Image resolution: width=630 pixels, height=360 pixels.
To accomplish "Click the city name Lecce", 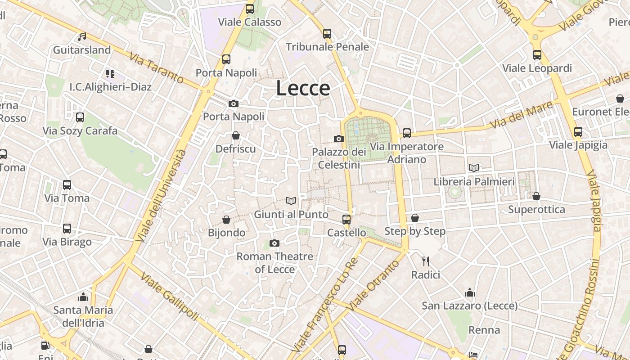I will pos(303,88).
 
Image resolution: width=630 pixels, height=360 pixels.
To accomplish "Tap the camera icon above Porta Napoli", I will pos(233,104).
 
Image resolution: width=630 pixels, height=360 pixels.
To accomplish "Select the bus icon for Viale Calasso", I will pos(250,9).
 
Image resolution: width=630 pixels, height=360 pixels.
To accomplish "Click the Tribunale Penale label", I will pos(327,47).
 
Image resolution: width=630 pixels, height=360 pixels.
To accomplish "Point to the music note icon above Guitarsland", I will pos(81,36).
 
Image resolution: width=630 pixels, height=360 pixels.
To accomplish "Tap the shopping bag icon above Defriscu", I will pos(235,135).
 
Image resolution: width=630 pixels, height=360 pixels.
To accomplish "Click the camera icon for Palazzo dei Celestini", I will pos(339,139).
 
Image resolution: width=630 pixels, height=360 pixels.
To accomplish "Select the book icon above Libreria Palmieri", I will pos(474,168).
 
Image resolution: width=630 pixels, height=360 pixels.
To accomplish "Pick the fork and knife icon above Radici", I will pos(426,261).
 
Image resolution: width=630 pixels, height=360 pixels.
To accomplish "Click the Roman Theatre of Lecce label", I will pos(274,263).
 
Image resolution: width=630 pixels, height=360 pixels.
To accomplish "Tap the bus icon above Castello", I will pos(346,219).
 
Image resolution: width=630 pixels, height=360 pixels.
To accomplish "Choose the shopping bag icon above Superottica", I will pos(536,196).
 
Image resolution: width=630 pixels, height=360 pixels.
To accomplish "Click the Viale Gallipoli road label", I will pos(169,297).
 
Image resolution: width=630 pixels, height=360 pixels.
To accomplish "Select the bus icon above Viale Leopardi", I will pos(537,54).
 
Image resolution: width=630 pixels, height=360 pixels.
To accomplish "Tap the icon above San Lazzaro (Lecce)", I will pos(470,293).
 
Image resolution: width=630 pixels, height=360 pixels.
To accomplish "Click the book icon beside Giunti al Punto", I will pos(291,201).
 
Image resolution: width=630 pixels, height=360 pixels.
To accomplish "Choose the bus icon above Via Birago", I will pos(67,228).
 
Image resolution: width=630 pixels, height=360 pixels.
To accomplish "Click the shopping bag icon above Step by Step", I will pos(415,218).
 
